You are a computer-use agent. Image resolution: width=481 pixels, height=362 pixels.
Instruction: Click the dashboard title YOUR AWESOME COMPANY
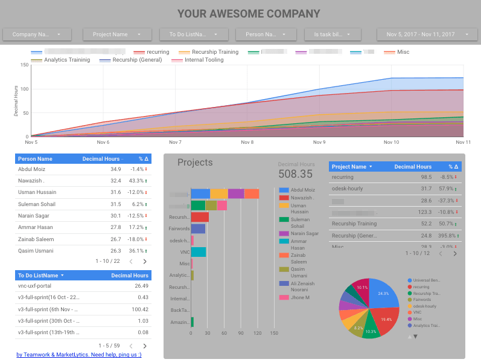point(249,13)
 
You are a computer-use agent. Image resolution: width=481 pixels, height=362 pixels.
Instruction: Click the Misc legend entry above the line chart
point(403,52)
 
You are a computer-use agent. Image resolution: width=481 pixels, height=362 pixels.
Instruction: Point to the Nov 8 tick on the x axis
point(247,143)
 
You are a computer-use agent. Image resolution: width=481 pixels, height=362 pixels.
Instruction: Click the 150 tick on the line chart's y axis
point(24,64)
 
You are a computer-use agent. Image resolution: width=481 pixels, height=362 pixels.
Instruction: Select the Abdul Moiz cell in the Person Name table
point(31,169)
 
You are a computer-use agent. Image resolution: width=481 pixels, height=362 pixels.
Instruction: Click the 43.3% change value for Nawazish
point(137,181)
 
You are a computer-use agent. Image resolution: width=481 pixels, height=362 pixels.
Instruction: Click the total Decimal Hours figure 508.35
point(295,174)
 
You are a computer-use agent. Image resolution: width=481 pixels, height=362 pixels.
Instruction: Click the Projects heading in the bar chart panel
point(195,163)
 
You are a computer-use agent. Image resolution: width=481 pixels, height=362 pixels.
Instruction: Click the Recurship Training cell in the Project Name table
point(354,224)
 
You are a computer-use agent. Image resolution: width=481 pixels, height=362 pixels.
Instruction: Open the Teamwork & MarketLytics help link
point(78,355)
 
